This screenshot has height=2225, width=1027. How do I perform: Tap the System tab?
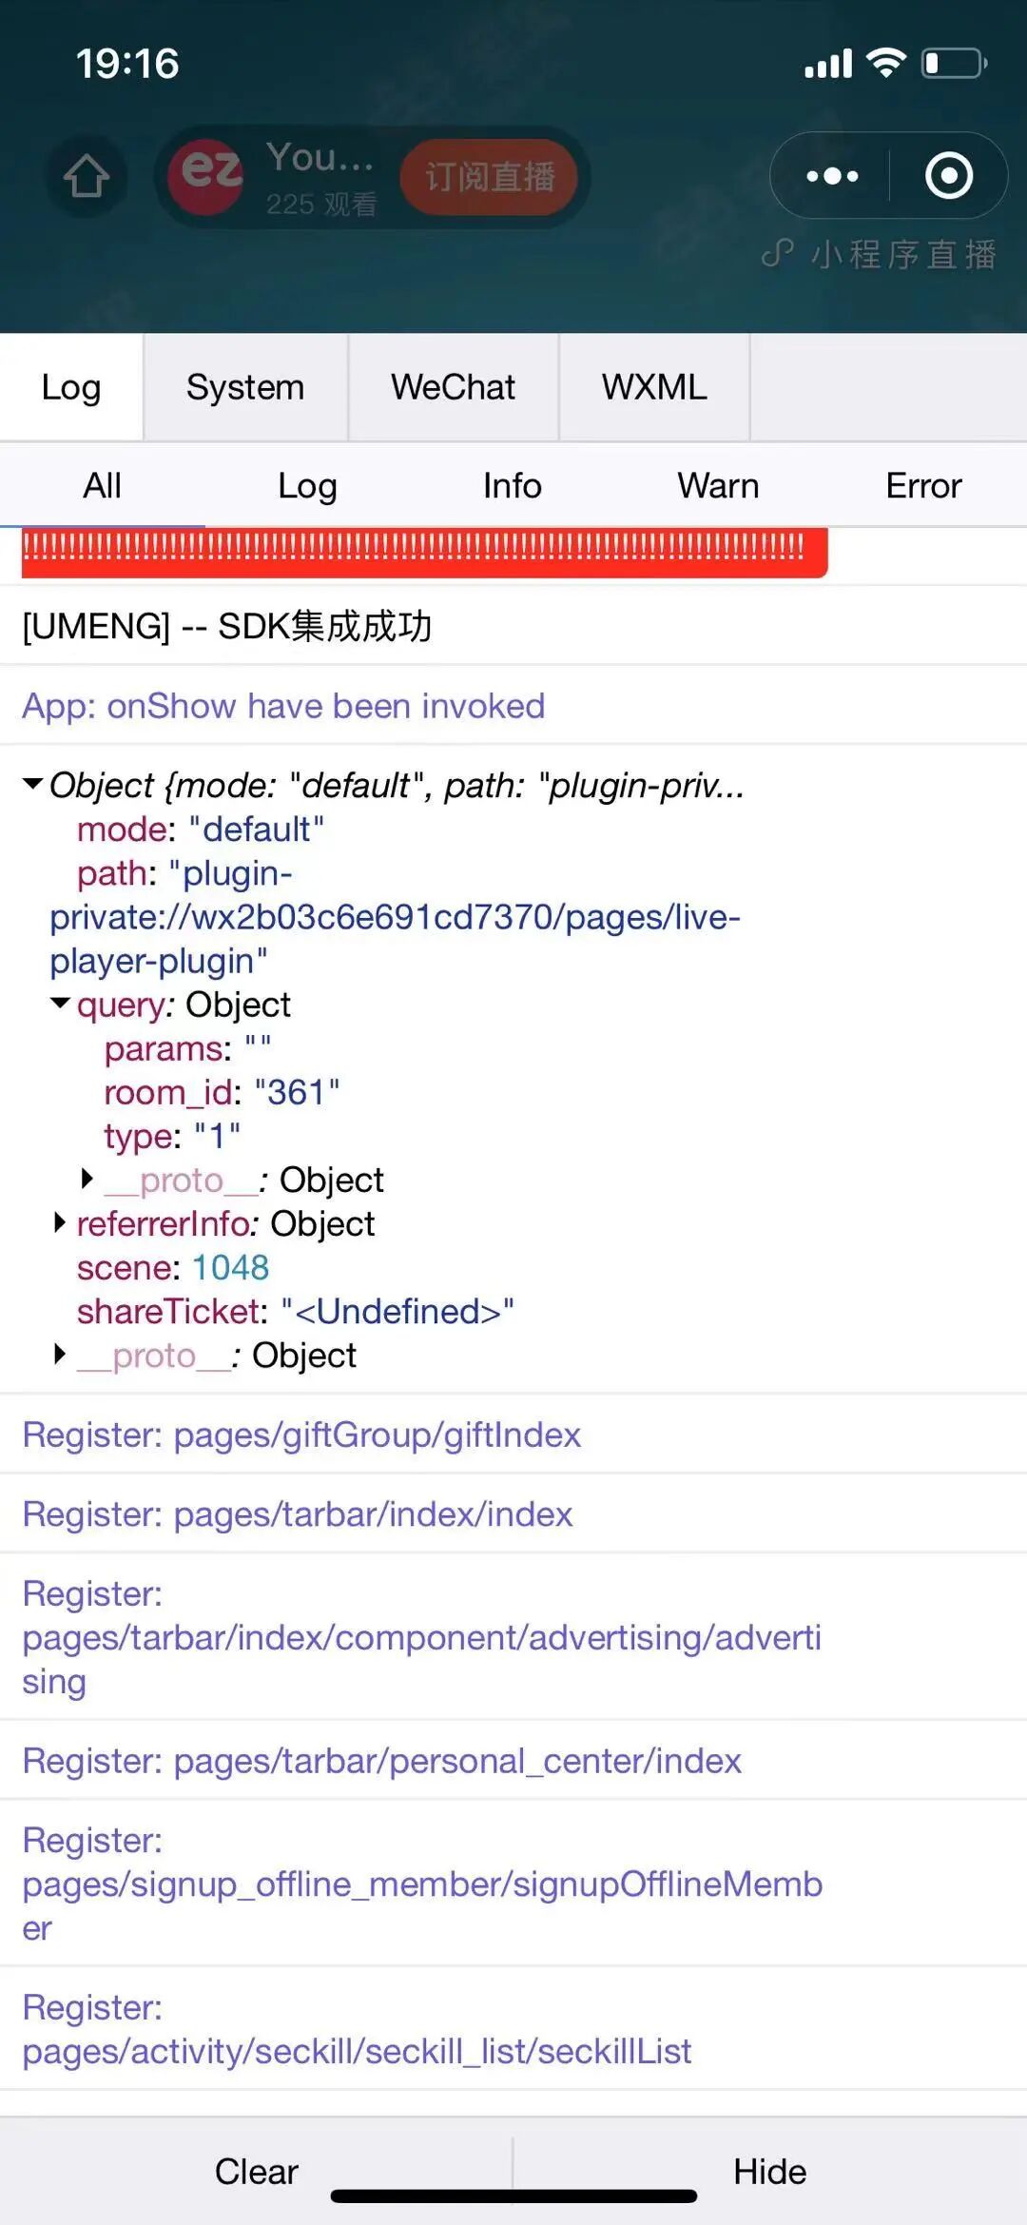click(x=244, y=387)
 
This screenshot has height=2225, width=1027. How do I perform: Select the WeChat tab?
click(x=453, y=387)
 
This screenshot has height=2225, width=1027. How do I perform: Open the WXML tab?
click(x=654, y=387)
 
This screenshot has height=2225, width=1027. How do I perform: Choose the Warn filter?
click(x=718, y=486)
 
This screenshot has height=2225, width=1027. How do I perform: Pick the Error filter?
click(x=923, y=486)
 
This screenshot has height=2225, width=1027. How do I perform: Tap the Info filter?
click(x=512, y=486)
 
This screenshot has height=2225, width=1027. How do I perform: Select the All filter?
click(x=102, y=486)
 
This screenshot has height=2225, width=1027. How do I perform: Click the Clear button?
click(x=256, y=2172)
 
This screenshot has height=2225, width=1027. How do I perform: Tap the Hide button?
click(x=769, y=2172)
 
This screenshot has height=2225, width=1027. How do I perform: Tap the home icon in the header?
click(x=87, y=177)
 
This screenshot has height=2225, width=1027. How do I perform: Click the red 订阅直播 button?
click(x=489, y=177)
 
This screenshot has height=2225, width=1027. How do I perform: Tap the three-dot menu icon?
click(x=832, y=176)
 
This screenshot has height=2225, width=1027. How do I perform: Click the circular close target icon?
click(x=949, y=176)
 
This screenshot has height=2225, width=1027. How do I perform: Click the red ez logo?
click(x=206, y=175)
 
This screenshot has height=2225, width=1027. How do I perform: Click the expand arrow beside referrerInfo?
click(x=60, y=1222)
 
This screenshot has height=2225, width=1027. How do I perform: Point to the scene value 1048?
click(x=230, y=1268)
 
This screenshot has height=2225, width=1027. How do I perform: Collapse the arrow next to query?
click(x=60, y=1004)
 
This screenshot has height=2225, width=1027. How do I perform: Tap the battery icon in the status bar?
click(x=954, y=64)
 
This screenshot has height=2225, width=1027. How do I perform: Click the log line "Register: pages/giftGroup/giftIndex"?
click(x=301, y=1435)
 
